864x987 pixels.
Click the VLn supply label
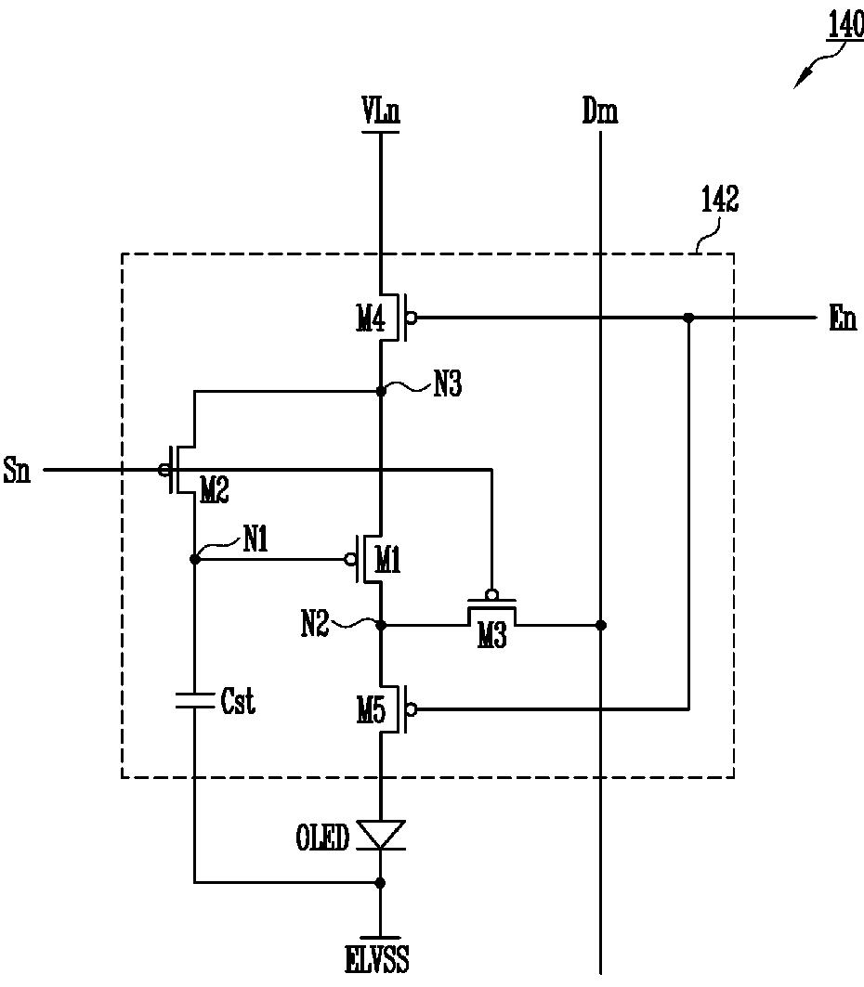381,110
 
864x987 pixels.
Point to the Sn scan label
17,470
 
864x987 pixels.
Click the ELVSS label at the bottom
377,960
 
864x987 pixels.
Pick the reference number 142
720,200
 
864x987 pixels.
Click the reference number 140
844,26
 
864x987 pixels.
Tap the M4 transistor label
371,319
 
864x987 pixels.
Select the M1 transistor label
387,559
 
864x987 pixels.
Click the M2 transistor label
214,489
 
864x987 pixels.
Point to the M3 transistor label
491,636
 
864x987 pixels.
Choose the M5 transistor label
371,711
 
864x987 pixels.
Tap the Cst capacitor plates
194,701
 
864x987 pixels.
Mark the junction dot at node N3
380,392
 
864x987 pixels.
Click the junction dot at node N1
194,559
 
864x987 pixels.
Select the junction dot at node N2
380,625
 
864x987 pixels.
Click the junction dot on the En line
689,318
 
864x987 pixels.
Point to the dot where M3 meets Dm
601,625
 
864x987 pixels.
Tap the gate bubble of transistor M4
412,318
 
